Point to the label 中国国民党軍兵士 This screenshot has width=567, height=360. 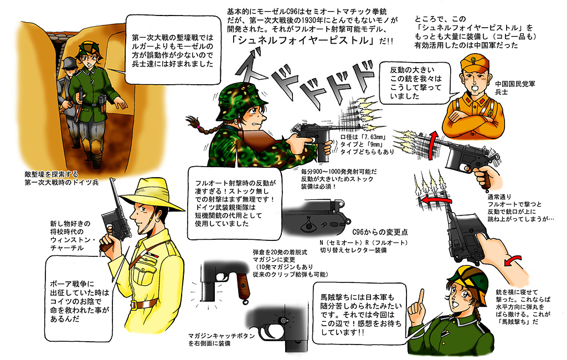point(515,88)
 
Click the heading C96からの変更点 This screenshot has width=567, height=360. point(380,232)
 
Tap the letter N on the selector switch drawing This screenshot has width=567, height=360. point(308,218)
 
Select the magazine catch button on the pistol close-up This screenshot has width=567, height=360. point(283,320)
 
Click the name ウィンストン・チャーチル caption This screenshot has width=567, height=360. point(73,244)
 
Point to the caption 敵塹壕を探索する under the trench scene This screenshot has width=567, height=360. point(51,174)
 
